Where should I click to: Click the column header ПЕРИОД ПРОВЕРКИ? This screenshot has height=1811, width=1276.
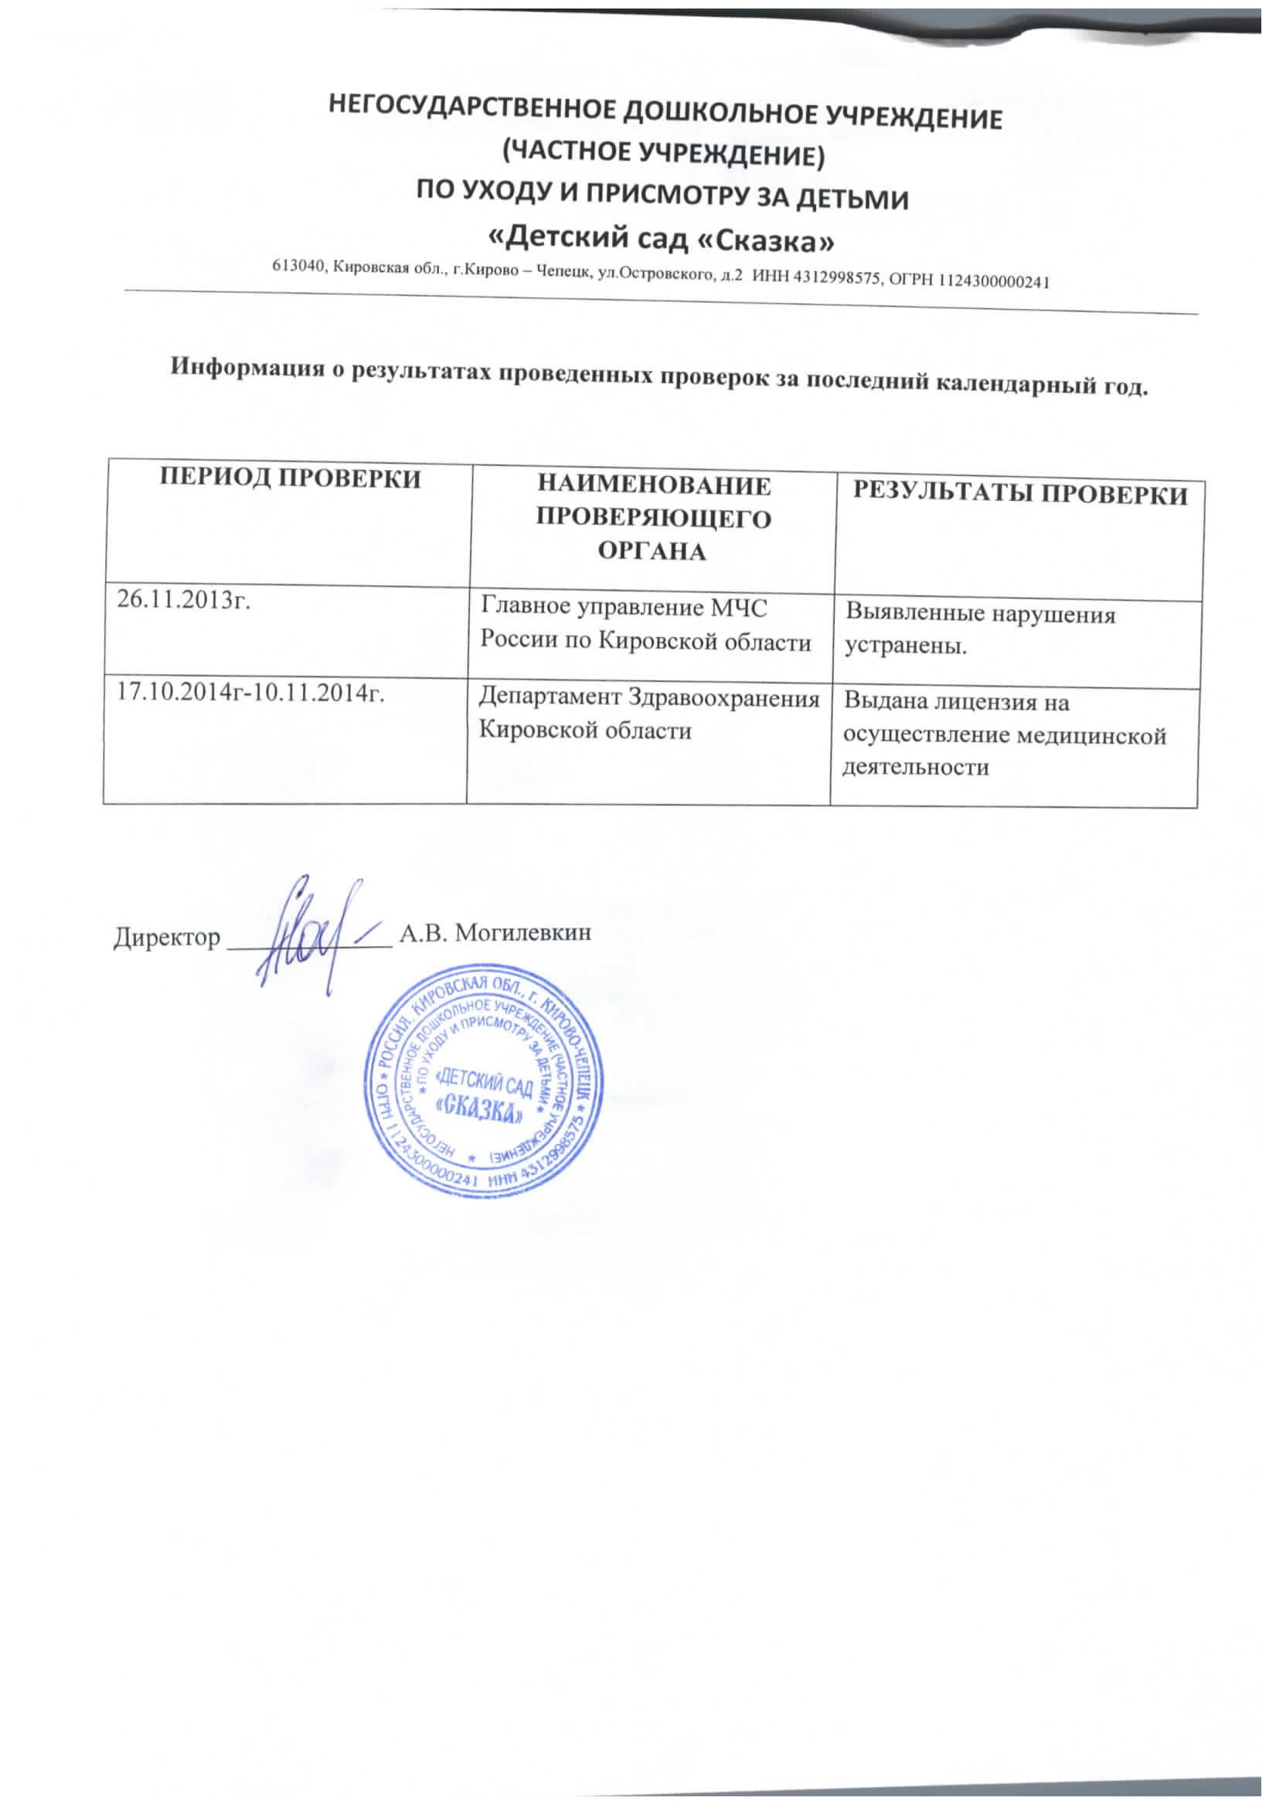291,478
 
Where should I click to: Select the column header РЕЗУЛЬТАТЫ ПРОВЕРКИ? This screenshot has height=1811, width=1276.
1019,494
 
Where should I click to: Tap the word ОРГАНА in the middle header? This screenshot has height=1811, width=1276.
652,550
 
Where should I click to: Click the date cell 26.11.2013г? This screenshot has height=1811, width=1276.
184,601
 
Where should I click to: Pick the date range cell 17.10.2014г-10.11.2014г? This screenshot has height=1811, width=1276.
250,693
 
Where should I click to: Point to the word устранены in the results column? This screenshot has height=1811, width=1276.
904,647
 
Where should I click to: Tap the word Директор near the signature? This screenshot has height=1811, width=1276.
167,937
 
